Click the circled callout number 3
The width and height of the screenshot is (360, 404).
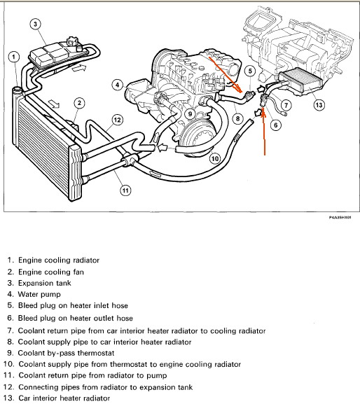[x=35, y=25]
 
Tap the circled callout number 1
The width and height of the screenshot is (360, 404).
[x=14, y=57]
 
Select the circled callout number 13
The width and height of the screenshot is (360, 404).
[x=319, y=105]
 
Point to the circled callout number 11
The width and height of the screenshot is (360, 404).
[x=125, y=190]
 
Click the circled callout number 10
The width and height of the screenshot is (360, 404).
[x=215, y=158]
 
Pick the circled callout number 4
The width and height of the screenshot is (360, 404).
[x=118, y=85]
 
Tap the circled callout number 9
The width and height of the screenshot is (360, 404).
[x=191, y=113]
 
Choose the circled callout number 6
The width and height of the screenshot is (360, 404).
[x=276, y=125]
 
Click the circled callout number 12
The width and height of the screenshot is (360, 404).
[x=117, y=120]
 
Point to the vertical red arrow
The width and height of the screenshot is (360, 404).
[x=264, y=132]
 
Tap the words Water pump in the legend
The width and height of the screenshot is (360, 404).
[x=39, y=294]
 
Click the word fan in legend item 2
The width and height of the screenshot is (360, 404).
[x=78, y=272]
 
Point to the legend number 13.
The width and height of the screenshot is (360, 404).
[x=9, y=398]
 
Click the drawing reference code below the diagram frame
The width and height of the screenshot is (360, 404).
[x=340, y=218]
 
